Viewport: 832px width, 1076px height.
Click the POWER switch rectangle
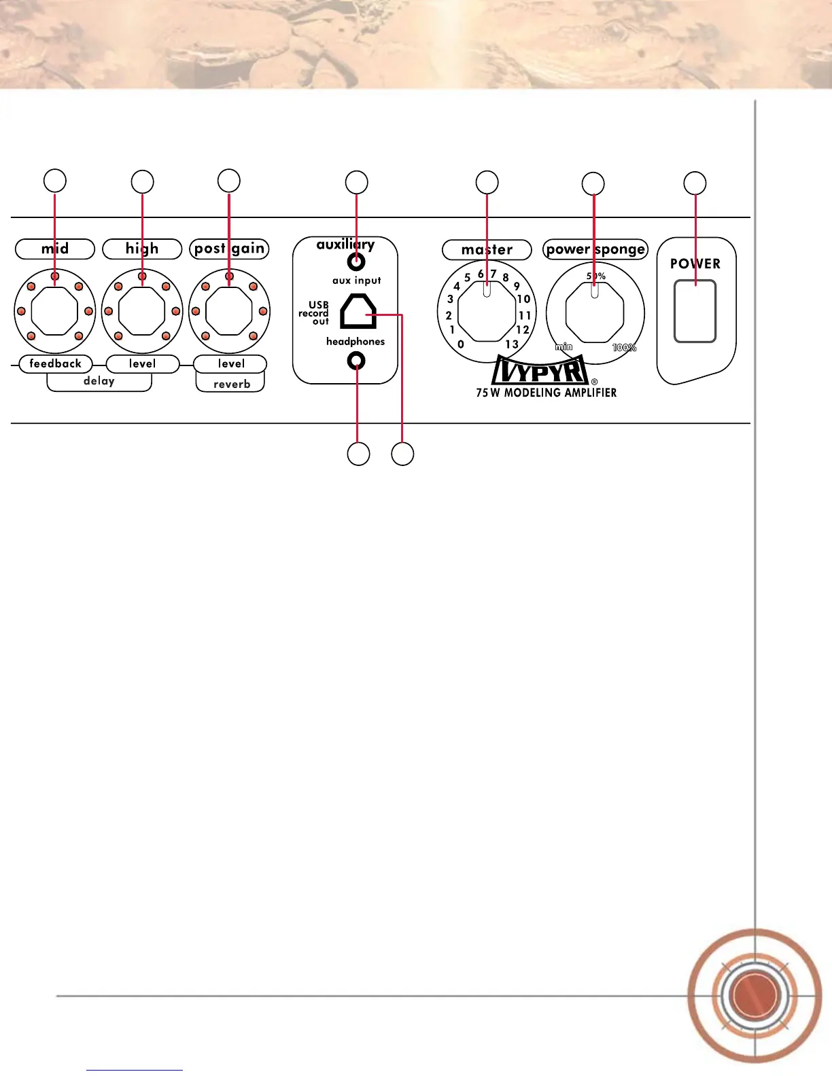point(695,311)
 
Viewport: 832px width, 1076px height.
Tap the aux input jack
point(356,262)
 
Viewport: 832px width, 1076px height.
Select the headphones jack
point(356,361)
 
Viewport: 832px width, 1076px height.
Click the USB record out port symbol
point(358,312)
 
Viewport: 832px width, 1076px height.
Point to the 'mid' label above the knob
point(55,249)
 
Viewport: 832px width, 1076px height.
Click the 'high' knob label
point(142,249)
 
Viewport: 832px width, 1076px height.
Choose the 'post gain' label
point(229,249)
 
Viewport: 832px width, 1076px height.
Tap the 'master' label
point(487,249)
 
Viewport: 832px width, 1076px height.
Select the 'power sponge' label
point(595,249)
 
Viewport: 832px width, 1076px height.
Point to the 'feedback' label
point(55,363)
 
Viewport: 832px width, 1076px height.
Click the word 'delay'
point(99,381)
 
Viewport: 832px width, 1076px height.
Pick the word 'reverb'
point(232,384)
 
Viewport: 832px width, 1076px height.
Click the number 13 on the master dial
point(512,344)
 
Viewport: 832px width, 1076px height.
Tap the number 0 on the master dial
point(461,344)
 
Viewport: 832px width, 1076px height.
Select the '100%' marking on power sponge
point(624,348)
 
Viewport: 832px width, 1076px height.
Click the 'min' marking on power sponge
point(564,347)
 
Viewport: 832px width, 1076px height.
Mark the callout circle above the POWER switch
point(695,183)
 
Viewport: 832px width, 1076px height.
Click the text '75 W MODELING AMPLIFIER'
point(547,393)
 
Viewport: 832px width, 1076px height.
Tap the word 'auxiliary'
point(345,245)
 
